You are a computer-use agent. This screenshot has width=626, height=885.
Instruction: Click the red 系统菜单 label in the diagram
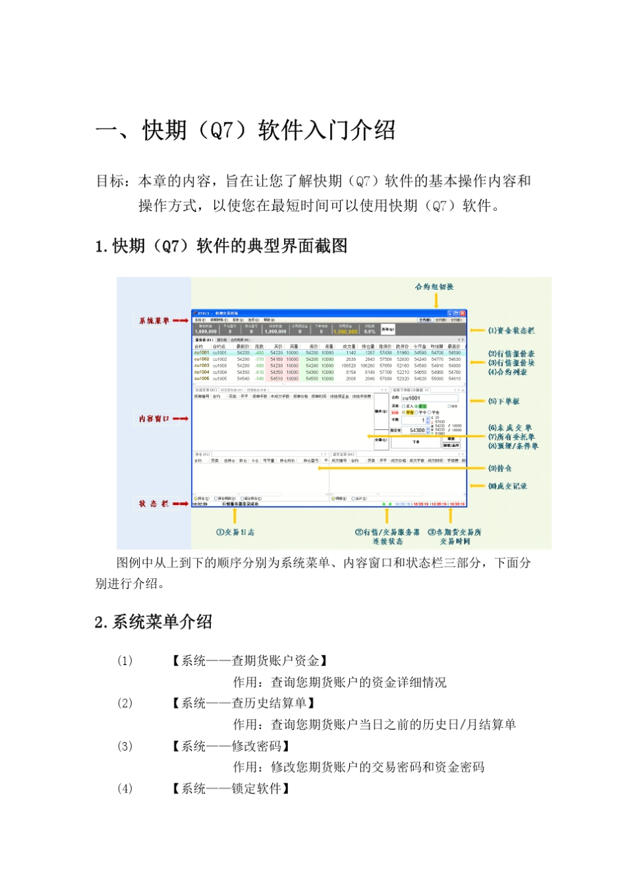154,321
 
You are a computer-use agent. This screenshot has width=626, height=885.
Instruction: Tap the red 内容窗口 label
154,419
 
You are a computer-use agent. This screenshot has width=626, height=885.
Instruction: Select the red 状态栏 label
154,504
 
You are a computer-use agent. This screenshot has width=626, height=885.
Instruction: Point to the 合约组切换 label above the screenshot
434,286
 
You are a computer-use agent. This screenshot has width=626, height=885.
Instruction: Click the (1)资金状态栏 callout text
511,331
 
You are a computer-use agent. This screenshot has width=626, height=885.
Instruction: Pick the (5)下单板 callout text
504,401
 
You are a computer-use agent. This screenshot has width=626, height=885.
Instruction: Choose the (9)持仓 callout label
500,468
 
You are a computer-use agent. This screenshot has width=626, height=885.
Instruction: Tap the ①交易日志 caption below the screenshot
235,532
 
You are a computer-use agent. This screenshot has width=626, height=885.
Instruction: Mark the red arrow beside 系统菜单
181,321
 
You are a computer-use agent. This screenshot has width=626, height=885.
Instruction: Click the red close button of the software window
463,313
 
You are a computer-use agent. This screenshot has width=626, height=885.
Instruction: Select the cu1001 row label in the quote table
202,353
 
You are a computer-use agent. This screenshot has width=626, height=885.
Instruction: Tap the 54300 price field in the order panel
417,430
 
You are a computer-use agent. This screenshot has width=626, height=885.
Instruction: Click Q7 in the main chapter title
221,130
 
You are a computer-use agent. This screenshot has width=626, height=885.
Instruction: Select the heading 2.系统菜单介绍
154,622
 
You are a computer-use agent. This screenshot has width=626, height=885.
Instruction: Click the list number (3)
125,746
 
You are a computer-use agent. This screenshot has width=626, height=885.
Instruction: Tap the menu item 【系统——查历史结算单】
243,703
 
